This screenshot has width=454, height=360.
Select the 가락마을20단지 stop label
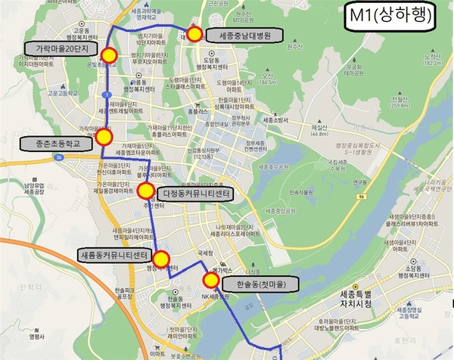(62, 48)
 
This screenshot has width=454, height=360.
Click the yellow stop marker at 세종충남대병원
(194, 34)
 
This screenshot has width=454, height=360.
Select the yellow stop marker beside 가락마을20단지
(109, 54)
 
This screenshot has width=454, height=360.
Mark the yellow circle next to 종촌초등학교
(104, 137)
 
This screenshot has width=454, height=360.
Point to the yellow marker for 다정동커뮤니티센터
(144, 192)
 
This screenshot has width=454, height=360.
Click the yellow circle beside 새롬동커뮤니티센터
(161, 257)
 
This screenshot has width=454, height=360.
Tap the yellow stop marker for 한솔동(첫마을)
(211, 281)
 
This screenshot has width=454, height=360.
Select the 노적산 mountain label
(433, 59)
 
